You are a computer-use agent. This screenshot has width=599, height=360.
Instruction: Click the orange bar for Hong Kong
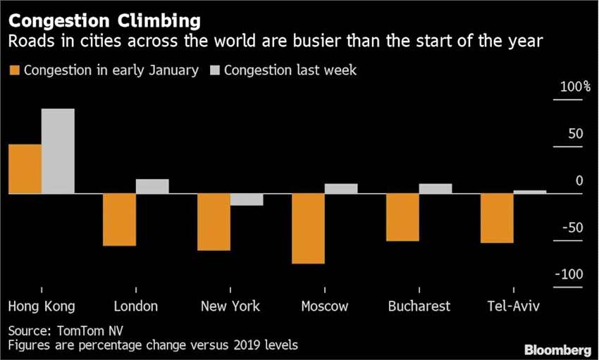[25, 169]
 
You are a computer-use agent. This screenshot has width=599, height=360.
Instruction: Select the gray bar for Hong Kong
[58, 151]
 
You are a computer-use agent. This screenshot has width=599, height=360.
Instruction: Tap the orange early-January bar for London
[119, 220]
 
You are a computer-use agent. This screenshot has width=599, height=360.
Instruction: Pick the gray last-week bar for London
[152, 187]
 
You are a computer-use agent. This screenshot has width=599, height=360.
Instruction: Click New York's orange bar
[214, 222]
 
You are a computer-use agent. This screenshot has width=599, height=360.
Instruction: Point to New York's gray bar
[247, 199]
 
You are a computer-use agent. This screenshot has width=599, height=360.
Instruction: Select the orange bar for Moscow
[308, 228]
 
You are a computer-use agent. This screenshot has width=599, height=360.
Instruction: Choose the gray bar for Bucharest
[436, 189]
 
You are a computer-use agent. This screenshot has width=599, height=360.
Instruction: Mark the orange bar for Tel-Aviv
[497, 218]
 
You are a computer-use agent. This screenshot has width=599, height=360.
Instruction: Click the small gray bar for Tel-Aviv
[530, 192]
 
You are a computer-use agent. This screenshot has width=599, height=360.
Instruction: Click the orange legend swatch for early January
[14, 70]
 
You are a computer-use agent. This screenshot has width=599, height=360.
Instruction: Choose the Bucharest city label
[419, 306]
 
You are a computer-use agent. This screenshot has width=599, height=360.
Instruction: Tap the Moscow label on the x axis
[324, 306]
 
